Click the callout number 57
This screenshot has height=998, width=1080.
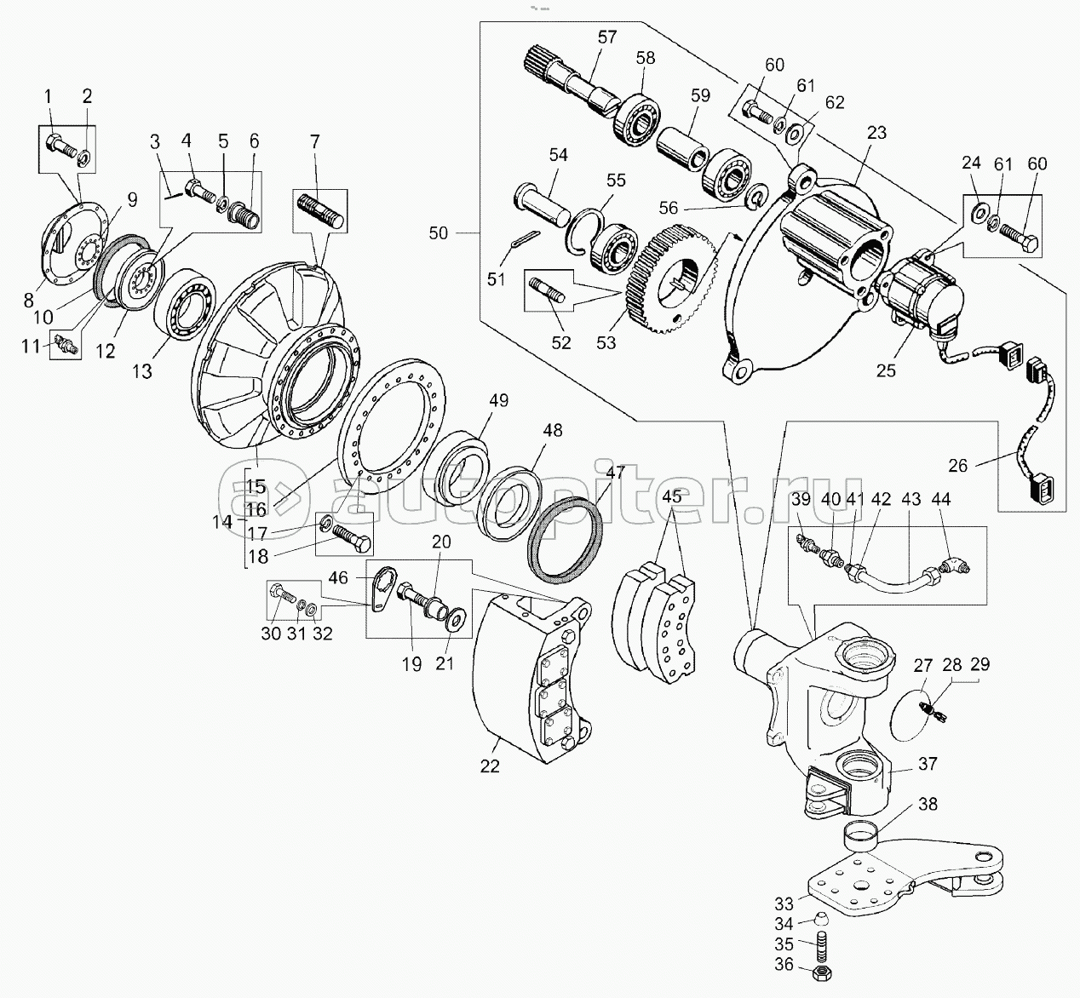tap(607, 37)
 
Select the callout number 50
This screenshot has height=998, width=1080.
tap(439, 232)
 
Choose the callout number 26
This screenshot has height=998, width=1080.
tap(958, 466)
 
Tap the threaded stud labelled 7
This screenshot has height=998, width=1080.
tap(321, 211)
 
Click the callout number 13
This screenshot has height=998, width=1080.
tap(142, 371)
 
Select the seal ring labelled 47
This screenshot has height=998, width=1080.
tap(566, 535)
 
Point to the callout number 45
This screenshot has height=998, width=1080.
tap(672, 496)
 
